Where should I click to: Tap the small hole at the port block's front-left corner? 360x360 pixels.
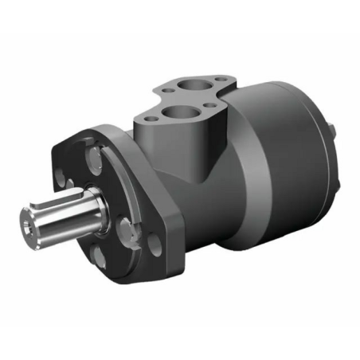click(x=144, y=119)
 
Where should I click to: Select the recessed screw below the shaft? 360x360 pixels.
click(x=98, y=256)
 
